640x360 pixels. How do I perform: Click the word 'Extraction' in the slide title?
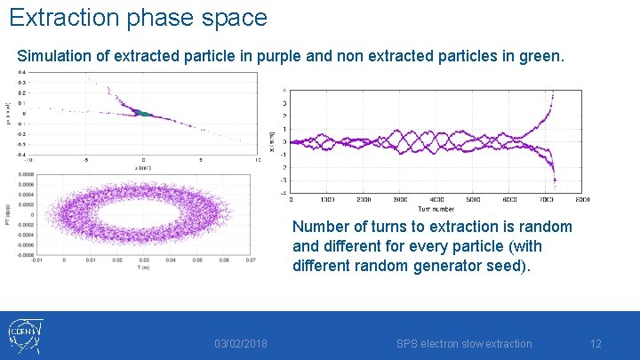point(61,17)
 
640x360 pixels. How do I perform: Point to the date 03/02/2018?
point(241,344)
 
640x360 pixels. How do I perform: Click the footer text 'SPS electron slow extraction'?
point(464,344)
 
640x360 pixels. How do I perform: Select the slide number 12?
point(596,344)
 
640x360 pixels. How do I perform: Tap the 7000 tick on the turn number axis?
point(546,199)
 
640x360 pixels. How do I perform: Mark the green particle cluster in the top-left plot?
point(141,114)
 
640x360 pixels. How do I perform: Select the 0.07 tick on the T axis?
point(252,260)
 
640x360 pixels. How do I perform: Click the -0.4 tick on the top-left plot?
point(22,153)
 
